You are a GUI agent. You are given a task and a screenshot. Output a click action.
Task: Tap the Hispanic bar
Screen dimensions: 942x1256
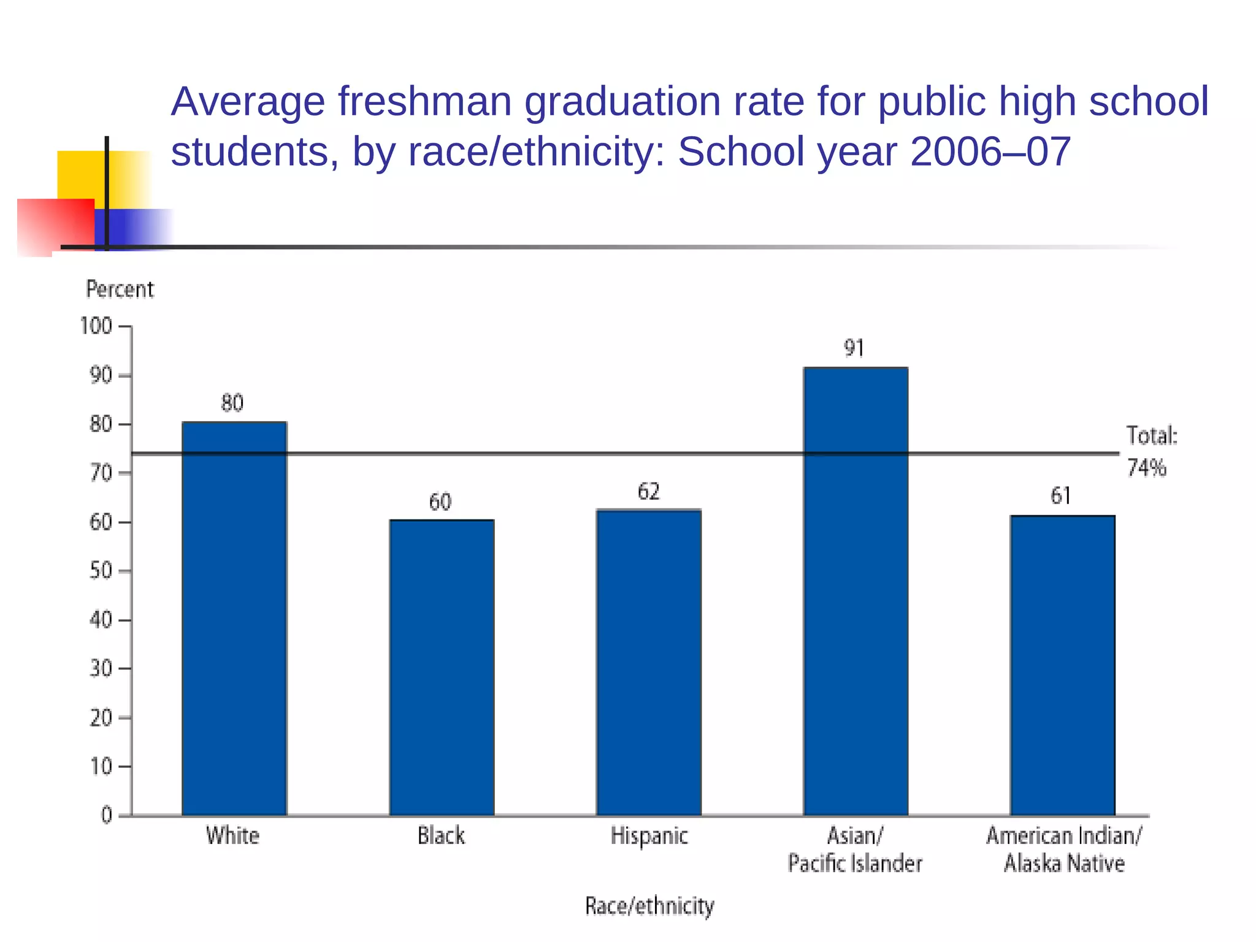point(649,662)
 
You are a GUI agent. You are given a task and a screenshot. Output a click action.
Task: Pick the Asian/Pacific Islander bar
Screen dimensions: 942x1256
point(856,591)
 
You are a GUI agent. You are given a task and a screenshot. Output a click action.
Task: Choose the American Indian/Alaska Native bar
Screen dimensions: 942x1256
point(1062,665)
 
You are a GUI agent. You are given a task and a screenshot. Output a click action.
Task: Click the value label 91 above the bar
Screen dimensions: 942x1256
point(854,348)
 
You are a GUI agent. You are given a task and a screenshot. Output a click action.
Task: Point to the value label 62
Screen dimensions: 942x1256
point(649,491)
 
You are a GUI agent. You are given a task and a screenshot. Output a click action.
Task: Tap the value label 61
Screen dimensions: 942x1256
point(1061,496)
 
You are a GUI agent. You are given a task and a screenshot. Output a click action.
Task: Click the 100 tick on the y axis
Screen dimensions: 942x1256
point(96,326)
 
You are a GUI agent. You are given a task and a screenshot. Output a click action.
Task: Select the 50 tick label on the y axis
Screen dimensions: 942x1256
point(101,571)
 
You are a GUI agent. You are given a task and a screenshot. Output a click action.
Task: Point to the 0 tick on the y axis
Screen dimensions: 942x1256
point(107,815)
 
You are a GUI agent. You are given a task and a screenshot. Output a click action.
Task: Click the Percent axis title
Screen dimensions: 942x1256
point(120,289)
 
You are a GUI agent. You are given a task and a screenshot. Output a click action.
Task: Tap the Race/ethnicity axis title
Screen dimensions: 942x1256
point(649,906)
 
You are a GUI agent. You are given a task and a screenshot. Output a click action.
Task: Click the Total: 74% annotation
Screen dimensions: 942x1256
point(1151,452)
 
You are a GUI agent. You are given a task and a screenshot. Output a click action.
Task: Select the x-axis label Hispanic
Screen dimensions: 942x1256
point(649,836)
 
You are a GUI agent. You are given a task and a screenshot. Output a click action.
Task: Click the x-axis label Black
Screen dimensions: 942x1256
point(441,836)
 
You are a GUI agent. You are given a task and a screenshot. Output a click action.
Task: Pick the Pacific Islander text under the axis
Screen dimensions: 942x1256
point(855,863)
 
